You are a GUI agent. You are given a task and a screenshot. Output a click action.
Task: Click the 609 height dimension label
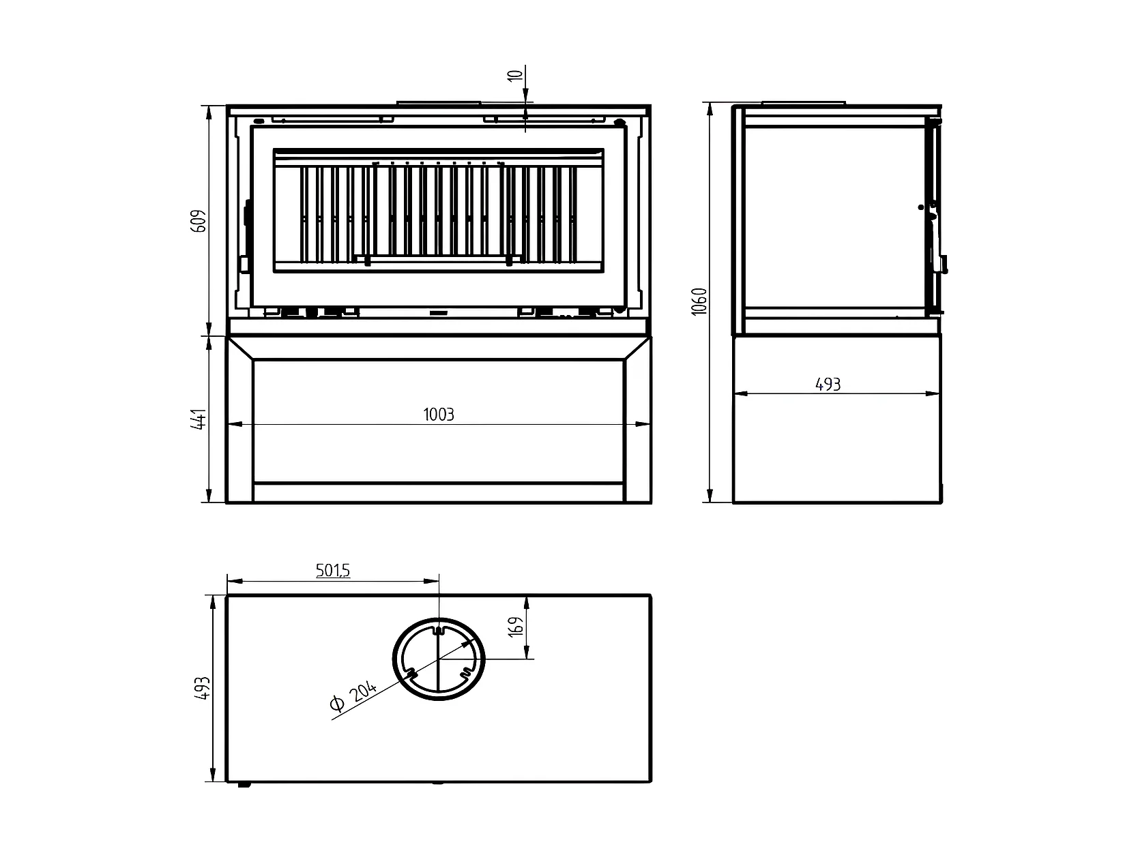point(199,221)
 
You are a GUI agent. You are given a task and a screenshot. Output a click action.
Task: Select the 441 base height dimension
point(199,419)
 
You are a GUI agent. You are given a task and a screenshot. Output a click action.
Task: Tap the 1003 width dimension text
point(438,415)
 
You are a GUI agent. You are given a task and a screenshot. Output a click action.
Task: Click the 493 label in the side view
point(828,385)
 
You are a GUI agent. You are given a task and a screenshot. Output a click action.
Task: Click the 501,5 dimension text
point(333,571)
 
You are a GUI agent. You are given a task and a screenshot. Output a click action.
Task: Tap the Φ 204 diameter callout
point(353,698)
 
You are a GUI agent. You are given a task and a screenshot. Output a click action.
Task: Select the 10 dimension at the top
point(516,75)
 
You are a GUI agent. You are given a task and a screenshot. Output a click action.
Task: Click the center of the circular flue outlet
point(439,659)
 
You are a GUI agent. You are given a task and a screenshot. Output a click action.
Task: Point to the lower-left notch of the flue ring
point(411,674)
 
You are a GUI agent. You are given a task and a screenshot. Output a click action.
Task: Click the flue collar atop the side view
point(803,103)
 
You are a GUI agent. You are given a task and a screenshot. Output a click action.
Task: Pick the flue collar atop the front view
point(439,103)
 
